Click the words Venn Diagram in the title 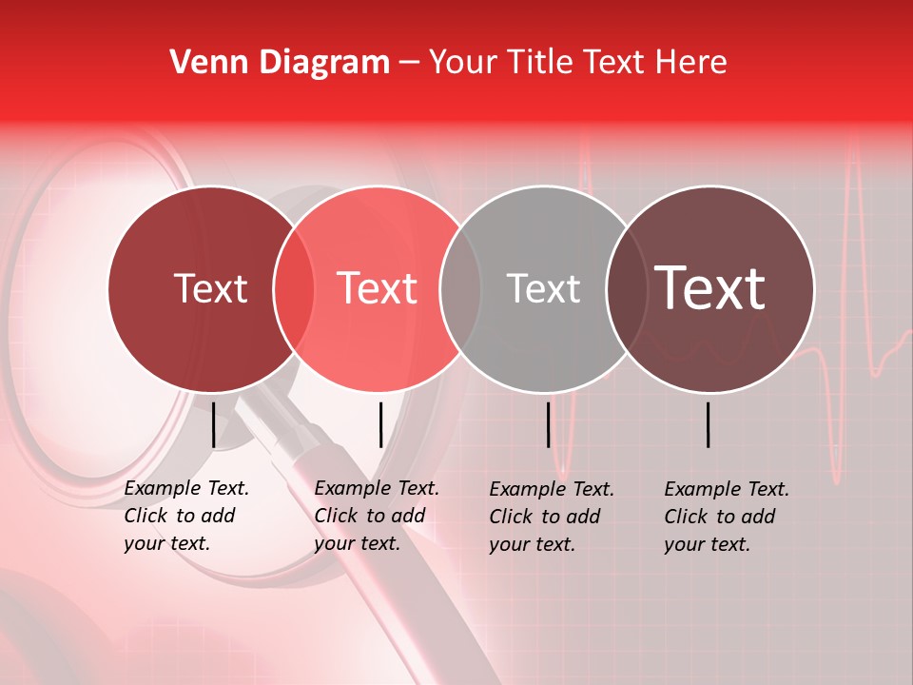point(280,62)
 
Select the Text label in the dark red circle point(210,288)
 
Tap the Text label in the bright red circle point(378,288)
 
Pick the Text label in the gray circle point(543,288)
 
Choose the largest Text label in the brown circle point(710,288)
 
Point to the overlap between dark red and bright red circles point(294,288)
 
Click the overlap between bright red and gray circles point(460,288)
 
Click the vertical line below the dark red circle point(213,424)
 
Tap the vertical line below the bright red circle point(380,424)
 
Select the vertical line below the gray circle point(549,424)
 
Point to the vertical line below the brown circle point(709,424)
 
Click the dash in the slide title point(409,63)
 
